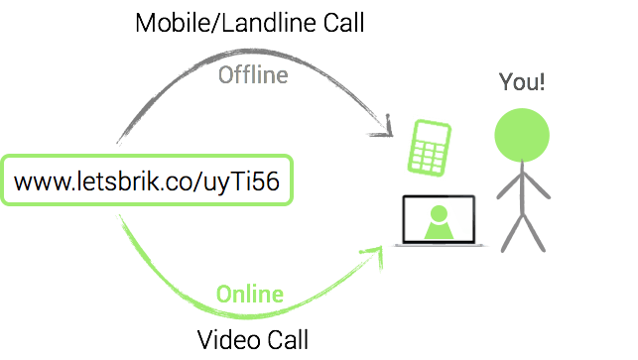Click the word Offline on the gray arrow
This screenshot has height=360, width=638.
[x=252, y=75]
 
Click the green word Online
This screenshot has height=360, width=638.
[x=250, y=295]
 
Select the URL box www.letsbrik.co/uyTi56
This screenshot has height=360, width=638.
[x=148, y=180]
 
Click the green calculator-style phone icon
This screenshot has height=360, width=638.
[x=431, y=147]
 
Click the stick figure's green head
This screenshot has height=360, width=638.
[x=522, y=135]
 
